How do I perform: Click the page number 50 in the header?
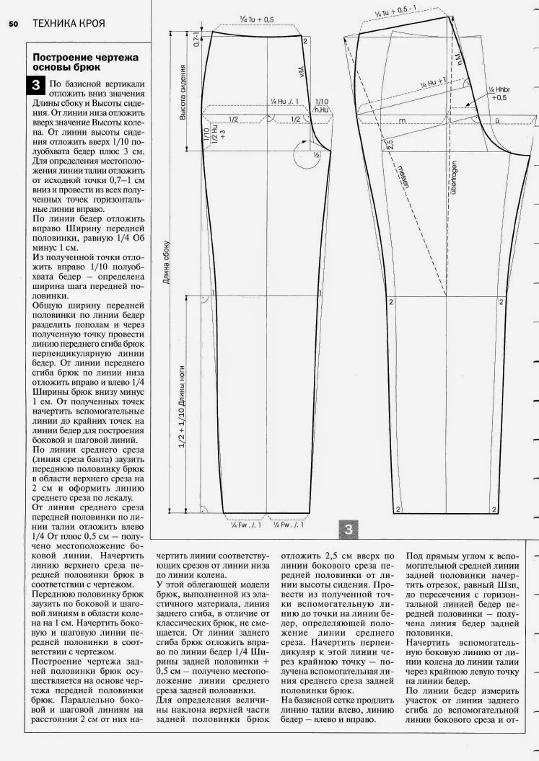pyautogui.click(x=13, y=24)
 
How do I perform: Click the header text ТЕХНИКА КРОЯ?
pyautogui.click(x=69, y=24)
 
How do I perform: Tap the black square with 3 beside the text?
pyautogui.click(x=36, y=86)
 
